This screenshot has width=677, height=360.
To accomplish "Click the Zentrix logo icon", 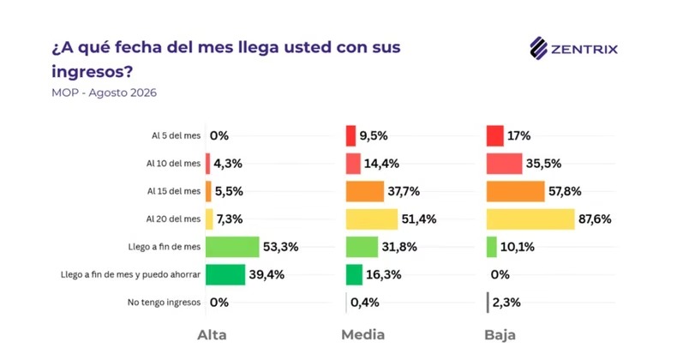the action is pyautogui.click(x=538, y=48).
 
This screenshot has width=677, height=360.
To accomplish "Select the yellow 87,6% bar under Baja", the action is pyautogui.click(x=530, y=219).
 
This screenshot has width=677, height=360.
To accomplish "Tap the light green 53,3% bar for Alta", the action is pyautogui.click(x=232, y=247).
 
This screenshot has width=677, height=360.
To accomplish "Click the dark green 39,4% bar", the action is pyautogui.click(x=225, y=274).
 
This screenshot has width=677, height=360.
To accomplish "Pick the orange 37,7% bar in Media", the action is pyautogui.click(x=365, y=191).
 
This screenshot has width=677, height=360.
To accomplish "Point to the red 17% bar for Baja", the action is pyautogui.click(x=495, y=136).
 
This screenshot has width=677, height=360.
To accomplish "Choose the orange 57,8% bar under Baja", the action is pyautogui.click(x=516, y=191).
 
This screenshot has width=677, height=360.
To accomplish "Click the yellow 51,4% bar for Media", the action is pyautogui.click(x=372, y=219).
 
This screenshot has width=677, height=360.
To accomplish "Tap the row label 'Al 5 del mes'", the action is pyautogui.click(x=177, y=136).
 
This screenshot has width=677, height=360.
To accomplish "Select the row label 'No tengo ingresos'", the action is pyautogui.click(x=164, y=303).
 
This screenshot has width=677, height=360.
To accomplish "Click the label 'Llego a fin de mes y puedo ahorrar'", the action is pyautogui.click(x=131, y=275).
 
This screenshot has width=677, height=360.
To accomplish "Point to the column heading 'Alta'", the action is pyautogui.click(x=212, y=335).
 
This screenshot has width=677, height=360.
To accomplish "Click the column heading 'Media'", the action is pyautogui.click(x=363, y=335).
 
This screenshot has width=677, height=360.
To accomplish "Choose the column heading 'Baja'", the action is pyautogui.click(x=500, y=335).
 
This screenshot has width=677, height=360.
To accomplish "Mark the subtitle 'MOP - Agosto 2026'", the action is pyautogui.click(x=104, y=93).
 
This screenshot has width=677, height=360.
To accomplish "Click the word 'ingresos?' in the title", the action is pyautogui.click(x=92, y=72).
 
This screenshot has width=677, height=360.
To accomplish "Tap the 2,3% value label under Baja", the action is pyautogui.click(x=506, y=303).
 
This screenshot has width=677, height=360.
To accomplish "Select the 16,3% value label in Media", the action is pyautogui.click(x=384, y=274).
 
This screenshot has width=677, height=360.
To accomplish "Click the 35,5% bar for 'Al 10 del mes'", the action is pyautogui.click(x=504, y=164).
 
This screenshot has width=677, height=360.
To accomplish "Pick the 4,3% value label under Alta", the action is pyautogui.click(x=228, y=164).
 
